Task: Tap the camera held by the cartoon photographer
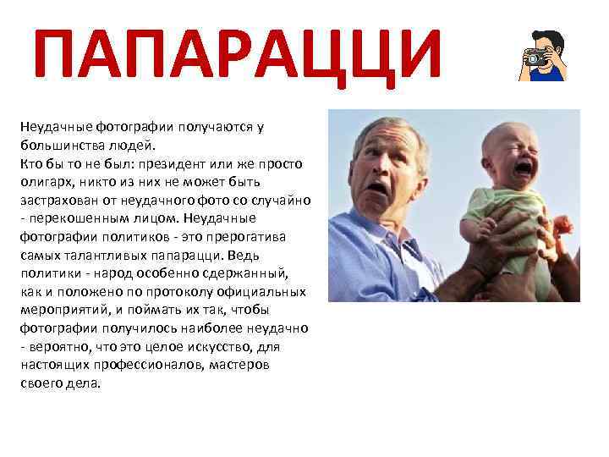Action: [535, 58]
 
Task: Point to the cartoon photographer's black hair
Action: [546, 38]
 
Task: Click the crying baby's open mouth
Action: [524, 168]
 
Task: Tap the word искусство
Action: [214, 346]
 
